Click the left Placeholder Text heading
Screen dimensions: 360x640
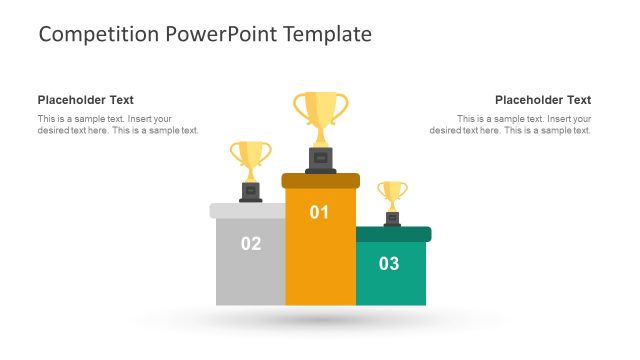tap(86, 100)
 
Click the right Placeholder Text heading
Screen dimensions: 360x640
tap(543, 100)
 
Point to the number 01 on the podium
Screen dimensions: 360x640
tap(320, 212)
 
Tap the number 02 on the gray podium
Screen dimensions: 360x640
tap(251, 243)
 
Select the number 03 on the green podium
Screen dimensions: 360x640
tap(389, 264)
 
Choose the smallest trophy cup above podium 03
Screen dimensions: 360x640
tap(393, 191)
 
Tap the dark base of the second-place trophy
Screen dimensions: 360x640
tap(251, 191)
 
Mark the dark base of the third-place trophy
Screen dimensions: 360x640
tap(393, 218)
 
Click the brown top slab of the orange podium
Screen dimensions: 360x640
tap(320, 180)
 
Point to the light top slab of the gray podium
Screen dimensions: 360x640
tap(249, 210)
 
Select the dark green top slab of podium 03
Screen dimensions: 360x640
tap(393, 234)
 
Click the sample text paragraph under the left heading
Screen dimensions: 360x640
tap(118, 125)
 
